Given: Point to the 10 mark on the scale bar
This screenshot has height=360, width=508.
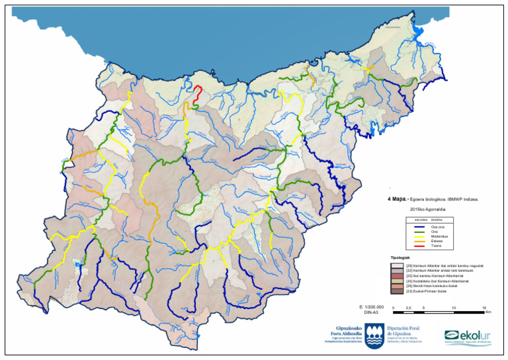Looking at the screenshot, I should (x=454, y=308).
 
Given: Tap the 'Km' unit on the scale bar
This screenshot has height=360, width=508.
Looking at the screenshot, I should (x=488, y=312).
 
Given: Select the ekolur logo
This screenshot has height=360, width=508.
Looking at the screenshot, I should (x=468, y=336).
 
